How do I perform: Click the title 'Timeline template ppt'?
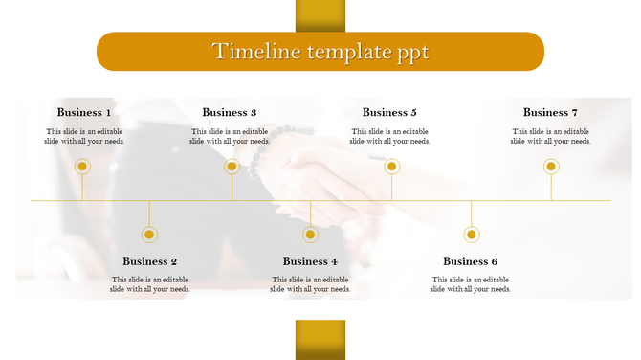[x=320, y=52]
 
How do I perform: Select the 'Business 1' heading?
[x=84, y=113]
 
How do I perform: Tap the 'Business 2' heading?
[x=150, y=261]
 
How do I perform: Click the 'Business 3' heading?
[x=230, y=113]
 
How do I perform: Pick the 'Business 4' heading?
[x=310, y=261]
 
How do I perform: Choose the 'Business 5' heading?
[x=389, y=113]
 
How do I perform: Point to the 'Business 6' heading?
[x=471, y=261]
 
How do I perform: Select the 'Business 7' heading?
[x=550, y=113]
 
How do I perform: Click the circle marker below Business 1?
[x=83, y=167]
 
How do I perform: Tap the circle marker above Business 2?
[x=149, y=235]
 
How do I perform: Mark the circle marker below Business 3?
[x=232, y=167]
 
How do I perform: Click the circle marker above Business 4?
[x=310, y=235]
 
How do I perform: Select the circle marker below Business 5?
[x=391, y=167]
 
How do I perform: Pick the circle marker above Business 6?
[x=471, y=235]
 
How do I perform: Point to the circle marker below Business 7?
[x=551, y=167]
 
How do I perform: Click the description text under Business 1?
[x=84, y=136]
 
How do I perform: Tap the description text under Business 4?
[x=310, y=284]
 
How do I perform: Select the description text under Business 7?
[x=550, y=136]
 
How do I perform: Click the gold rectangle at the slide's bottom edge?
[x=320, y=339]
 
